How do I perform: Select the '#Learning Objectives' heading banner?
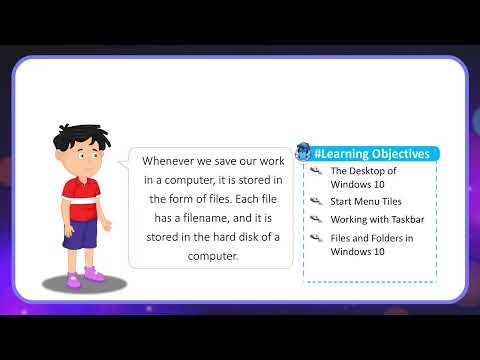(372, 154)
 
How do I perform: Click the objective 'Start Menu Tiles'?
(359, 201)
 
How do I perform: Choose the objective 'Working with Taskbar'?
(371, 219)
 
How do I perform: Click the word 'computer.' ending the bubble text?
(211, 255)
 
